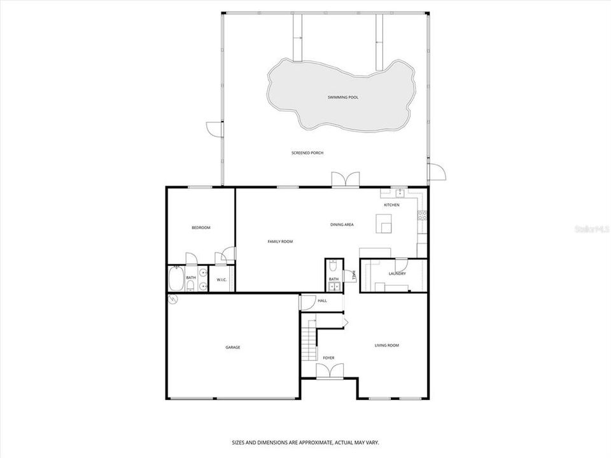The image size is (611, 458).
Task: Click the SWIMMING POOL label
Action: click(343, 97)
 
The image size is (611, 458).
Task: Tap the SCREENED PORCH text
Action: click(308, 153)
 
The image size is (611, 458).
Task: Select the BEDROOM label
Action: click(201, 228)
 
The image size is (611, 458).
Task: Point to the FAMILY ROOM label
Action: click(280, 242)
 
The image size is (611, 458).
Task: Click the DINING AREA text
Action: click(342, 225)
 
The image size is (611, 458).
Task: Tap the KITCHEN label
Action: click(391, 205)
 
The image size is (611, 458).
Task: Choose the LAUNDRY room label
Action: click(397, 274)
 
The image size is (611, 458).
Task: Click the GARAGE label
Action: click(233, 347)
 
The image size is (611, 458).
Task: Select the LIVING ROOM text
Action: click(386, 345)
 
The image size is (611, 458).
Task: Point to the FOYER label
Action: click(328, 358)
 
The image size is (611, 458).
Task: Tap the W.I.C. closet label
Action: click(222, 279)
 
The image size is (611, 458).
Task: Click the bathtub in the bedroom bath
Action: click(176, 279)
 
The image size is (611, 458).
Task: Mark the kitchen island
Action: click(384, 224)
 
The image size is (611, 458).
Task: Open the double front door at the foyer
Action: click(329, 370)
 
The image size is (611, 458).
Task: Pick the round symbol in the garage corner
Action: click(172, 299)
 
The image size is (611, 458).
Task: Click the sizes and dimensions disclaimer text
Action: click(305, 441)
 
